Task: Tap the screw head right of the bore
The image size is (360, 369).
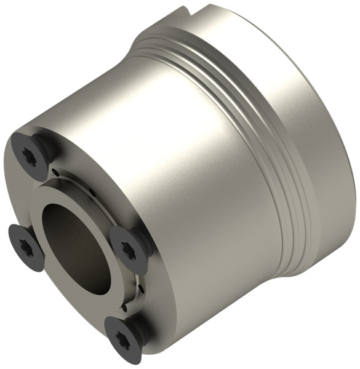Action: click(x=129, y=249)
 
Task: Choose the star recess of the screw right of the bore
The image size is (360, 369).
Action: click(x=127, y=250)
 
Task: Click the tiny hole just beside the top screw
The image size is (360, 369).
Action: click(x=55, y=172)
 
